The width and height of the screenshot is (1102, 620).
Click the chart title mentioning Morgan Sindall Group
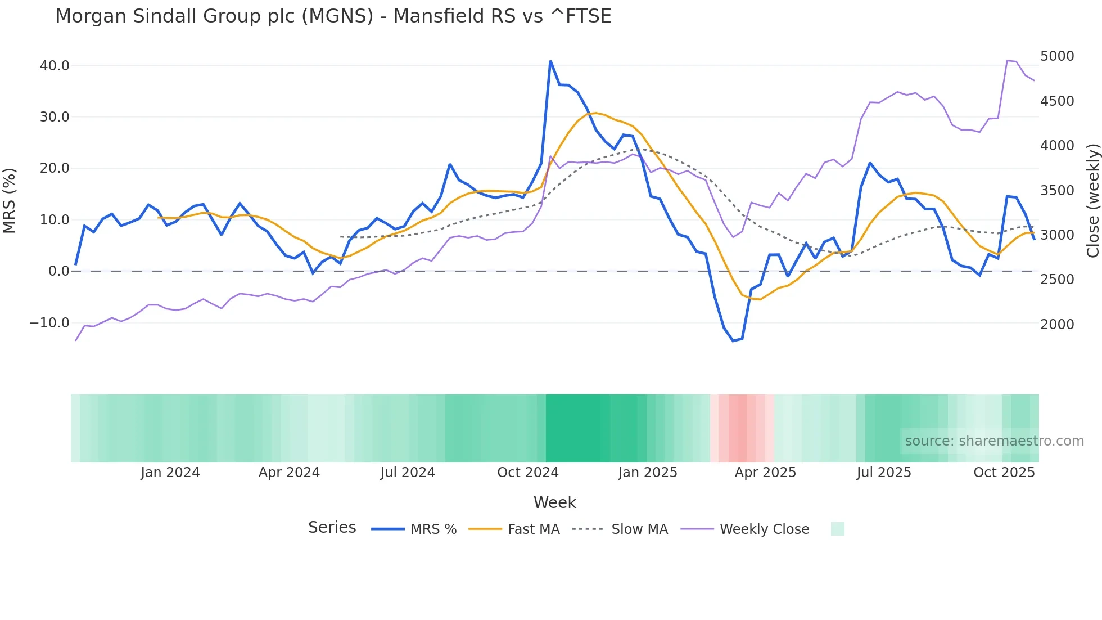[x=333, y=16]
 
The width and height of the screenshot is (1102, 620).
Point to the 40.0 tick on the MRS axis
[x=55, y=66]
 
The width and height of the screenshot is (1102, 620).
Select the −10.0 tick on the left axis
[x=49, y=323]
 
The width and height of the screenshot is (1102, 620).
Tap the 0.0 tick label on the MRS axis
[x=58, y=271]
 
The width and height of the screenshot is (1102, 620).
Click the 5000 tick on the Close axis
[x=1057, y=56]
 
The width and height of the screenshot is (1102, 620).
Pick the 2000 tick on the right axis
[x=1057, y=325]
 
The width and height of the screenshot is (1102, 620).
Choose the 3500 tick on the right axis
[x=1057, y=191]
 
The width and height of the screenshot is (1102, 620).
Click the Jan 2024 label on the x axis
[x=170, y=473]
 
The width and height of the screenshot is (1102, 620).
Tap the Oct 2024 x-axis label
[x=527, y=473]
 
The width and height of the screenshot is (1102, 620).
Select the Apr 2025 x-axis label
[x=765, y=473]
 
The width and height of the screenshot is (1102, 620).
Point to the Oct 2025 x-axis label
[x=1004, y=473]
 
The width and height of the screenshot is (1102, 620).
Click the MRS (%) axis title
[x=10, y=200]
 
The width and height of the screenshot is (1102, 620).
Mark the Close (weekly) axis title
[x=1092, y=200]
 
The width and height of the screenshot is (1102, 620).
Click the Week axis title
[x=554, y=502]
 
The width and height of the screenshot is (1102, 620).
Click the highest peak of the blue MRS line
[x=550, y=61]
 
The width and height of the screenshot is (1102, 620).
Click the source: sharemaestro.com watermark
[x=994, y=441]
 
